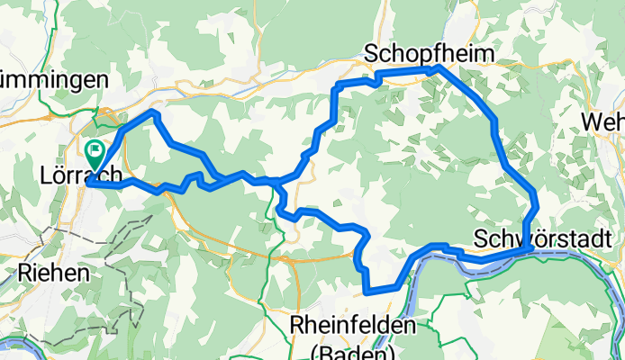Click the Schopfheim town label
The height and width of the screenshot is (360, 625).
[430, 54]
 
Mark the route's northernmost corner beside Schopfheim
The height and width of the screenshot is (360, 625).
[438, 67]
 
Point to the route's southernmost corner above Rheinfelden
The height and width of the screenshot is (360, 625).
[367, 291]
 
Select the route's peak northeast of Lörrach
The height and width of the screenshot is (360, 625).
[155, 114]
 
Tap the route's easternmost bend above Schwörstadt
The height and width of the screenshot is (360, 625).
[536, 205]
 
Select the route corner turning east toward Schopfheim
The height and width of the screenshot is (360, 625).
[339, 85]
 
